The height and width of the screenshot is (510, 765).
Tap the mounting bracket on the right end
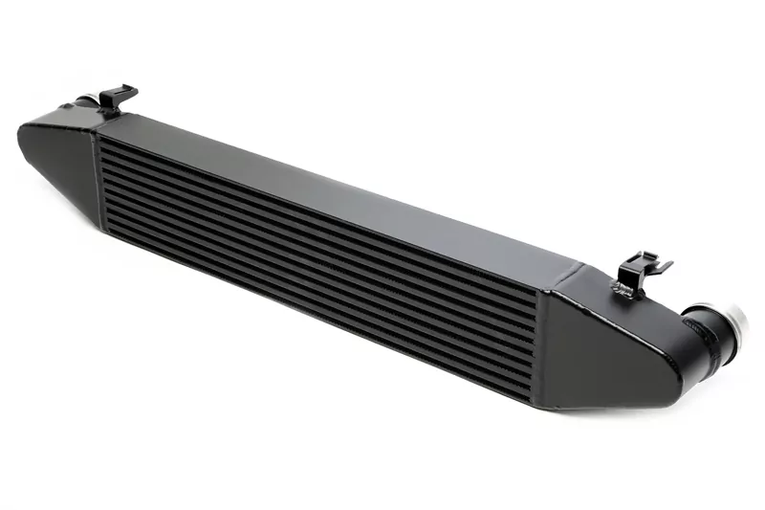[x=639, y=271]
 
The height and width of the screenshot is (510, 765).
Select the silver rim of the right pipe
[x=738, y=329]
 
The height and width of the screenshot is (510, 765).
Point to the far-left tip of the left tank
[x=20, y=134]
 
